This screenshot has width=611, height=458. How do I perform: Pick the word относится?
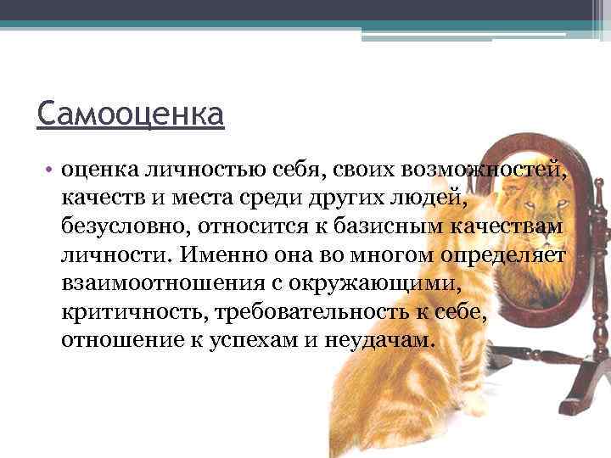(240, 228)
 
